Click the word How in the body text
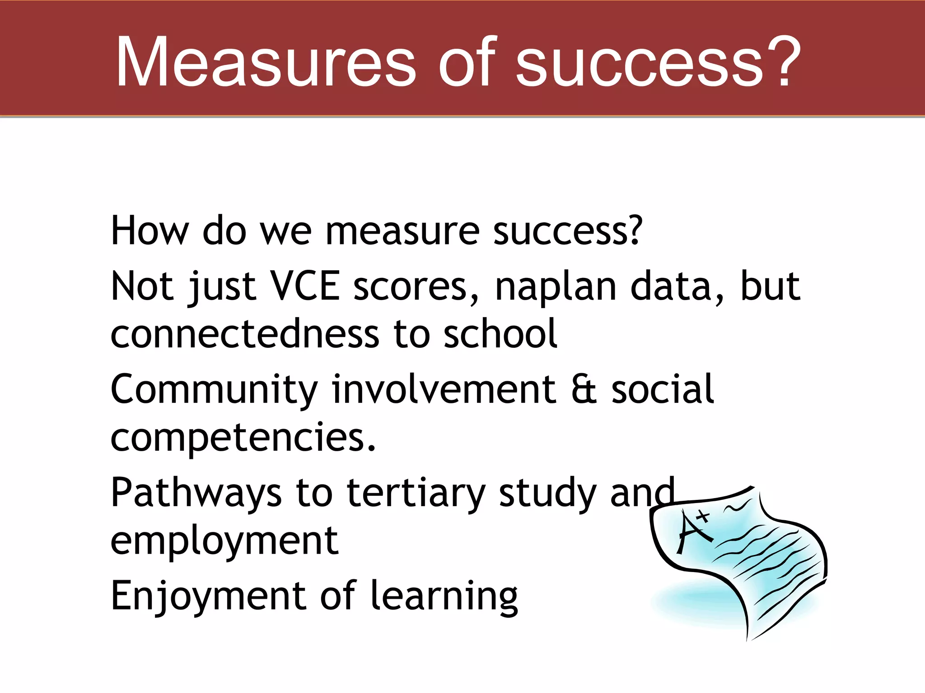[149, 231]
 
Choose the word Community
[214, 390]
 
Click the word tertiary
[416, 494]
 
